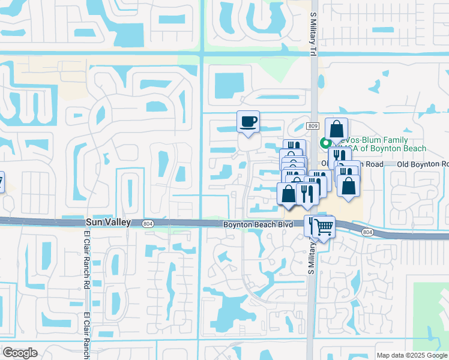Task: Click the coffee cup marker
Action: [x=248, y=122]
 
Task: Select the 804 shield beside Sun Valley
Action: [x=147, y=223]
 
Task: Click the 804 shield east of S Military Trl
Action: [x=368, y=232]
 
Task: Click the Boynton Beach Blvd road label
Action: [x=259, y=224]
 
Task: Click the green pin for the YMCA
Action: [x=325, y=143]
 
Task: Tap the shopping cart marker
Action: [x=324, y=227]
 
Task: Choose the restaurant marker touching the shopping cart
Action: [x=312, y=225]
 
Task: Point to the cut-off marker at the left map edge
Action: [x=1, y=182]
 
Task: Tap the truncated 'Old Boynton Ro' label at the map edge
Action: [x=429, y=164]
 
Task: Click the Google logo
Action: [x=20, y=353]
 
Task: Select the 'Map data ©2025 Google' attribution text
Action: [x=411, y=355]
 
